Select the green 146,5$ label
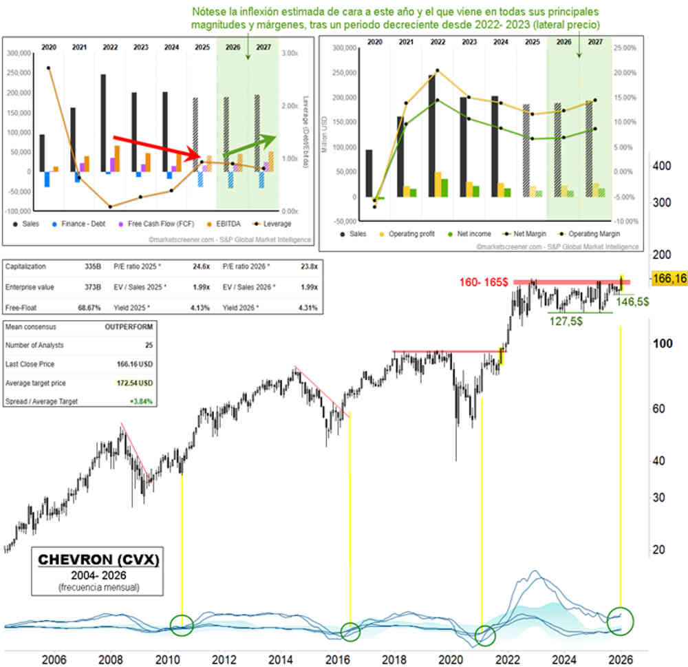tap(633, 301)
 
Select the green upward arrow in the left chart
tap(248, 145)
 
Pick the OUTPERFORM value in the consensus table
tap(130, 328)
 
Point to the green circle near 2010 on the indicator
tap(182, 624)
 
